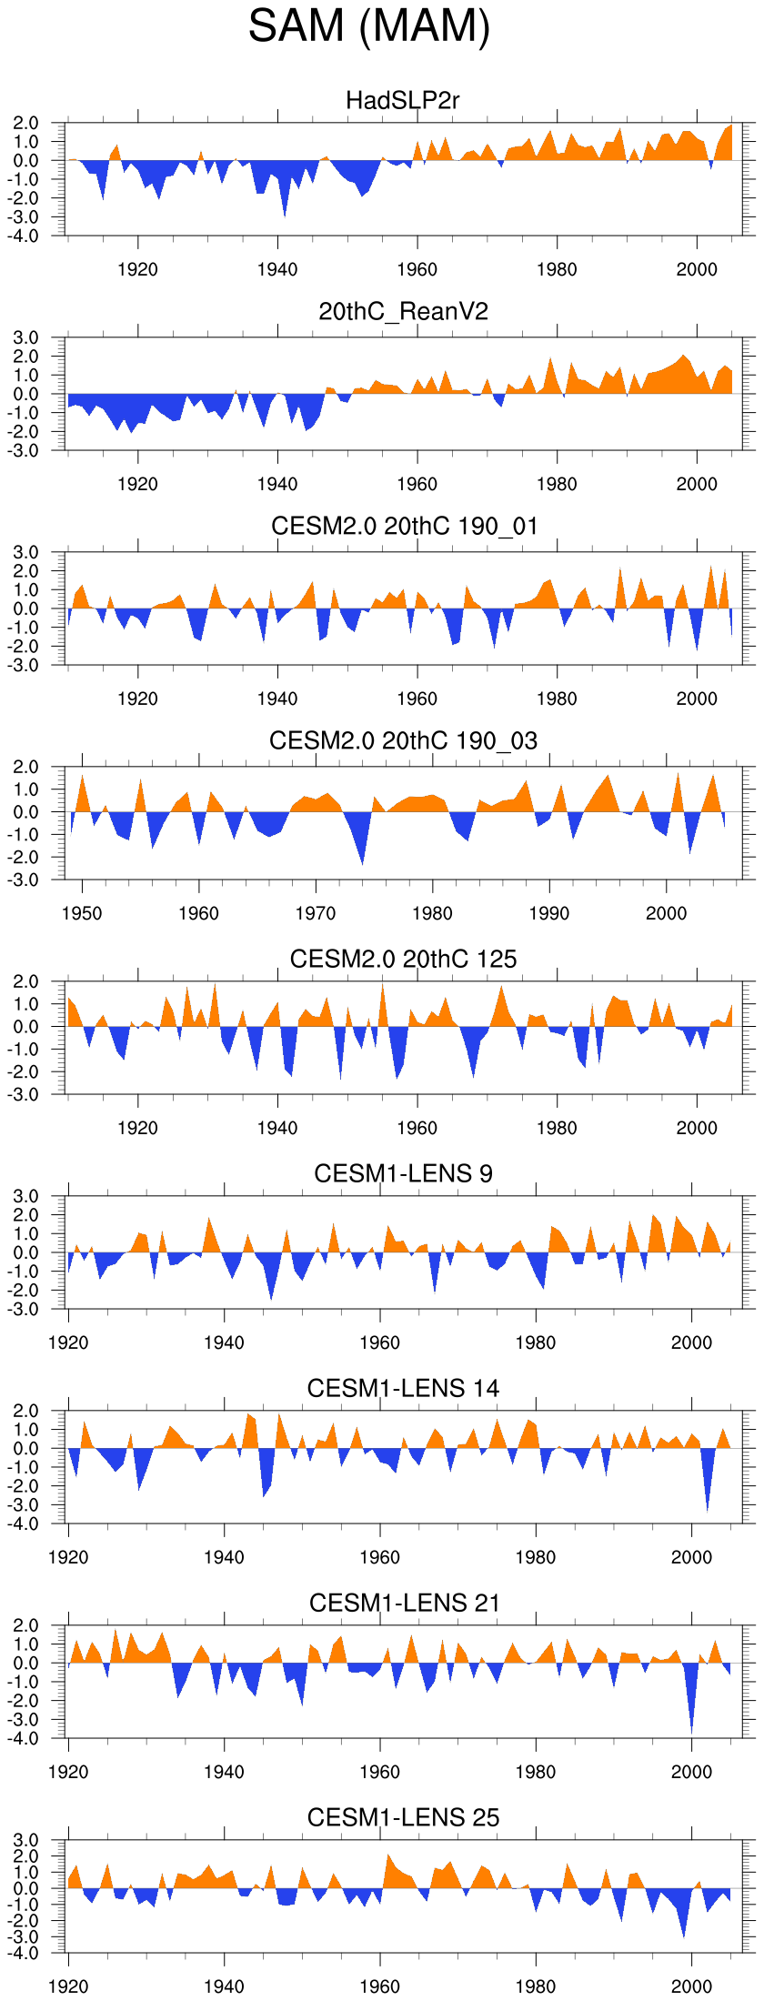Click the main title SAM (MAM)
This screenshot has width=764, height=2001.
(x=369, y=26)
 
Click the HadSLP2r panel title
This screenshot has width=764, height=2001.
(x=403, y=100)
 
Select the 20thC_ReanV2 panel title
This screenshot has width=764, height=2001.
(x=403, y=312)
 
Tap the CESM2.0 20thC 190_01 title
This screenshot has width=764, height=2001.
(x=404, y=527)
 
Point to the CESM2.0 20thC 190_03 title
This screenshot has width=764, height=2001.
(x=403, y=741)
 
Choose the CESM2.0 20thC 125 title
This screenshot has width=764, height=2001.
(x=403, y=960)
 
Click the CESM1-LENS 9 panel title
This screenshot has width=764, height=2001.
(x=403, y=1174)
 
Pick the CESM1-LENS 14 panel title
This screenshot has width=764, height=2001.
(x=403, y=1389)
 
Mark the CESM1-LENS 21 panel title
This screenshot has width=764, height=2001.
(x=404, y=1604)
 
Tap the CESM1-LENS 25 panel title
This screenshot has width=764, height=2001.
(x=403, y=1818)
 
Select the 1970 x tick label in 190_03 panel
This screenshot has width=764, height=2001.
(x=316, y=914)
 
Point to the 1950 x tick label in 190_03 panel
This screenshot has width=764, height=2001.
(x=82, y=914)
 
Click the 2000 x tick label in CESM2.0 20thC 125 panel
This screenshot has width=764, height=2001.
(x=697, y=1129)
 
